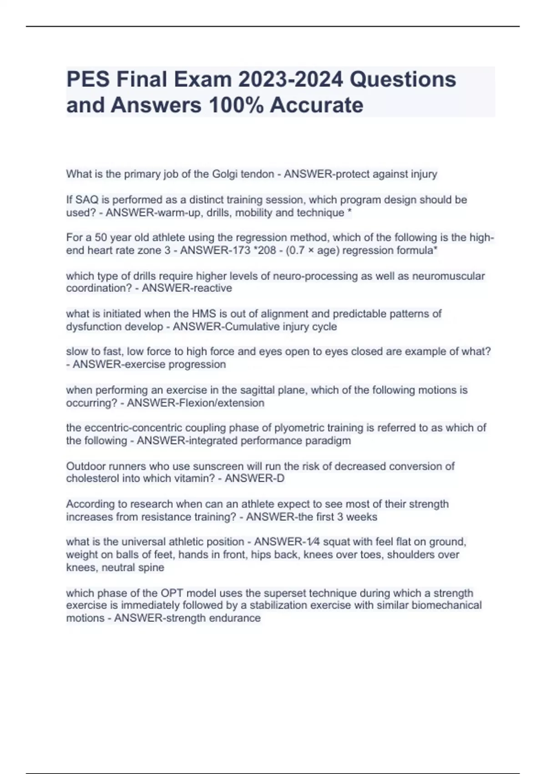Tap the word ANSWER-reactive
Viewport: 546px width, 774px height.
click(x=187, y=288)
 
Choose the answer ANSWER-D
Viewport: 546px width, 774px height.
click(x=254, y=479)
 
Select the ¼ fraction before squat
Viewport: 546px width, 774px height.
click(x=313, y=542)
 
